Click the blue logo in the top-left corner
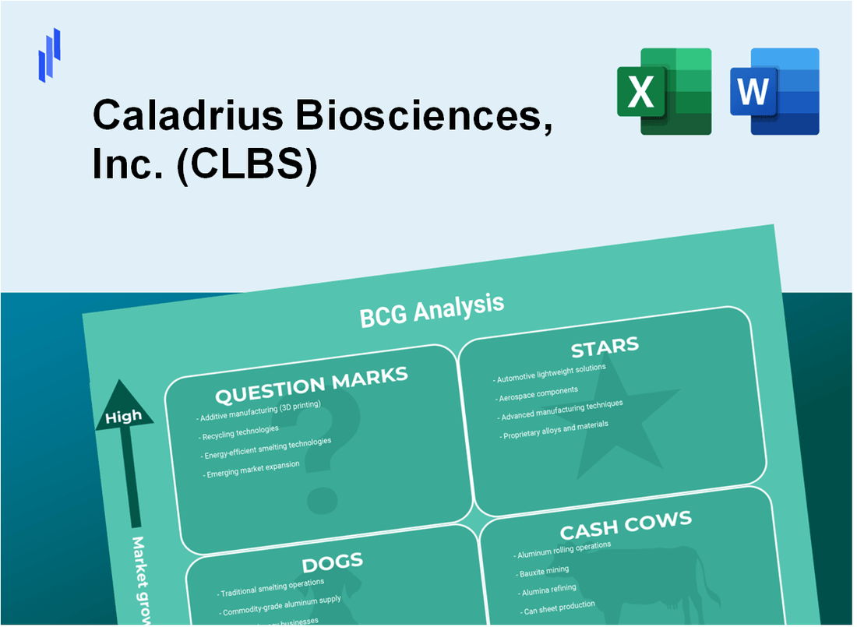(x=49, y=55)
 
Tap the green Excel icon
(x=664, y=91)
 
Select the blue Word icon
(x=774, y=91)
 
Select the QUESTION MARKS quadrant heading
(x=312, y=386)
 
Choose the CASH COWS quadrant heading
(x=626, y=527)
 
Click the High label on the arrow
(x=124, y=417)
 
